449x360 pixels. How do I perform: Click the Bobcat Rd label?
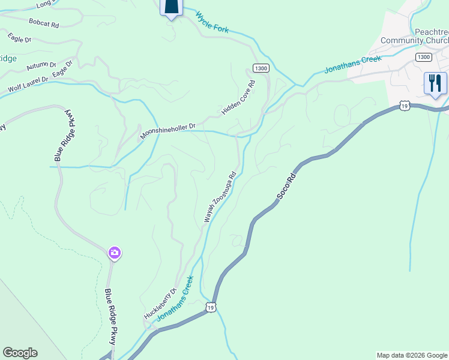44,23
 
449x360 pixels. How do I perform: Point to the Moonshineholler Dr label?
168,132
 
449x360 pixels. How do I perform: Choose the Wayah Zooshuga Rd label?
220,198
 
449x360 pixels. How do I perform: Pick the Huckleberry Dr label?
160,304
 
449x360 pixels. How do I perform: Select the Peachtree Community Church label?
415,36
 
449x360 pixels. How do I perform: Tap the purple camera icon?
115,253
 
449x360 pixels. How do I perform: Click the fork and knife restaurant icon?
435,83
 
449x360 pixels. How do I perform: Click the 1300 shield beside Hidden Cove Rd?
261,68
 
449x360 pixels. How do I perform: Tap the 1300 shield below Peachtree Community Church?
423,57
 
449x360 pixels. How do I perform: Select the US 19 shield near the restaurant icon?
403,106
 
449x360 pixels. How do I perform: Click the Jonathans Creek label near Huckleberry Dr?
175,298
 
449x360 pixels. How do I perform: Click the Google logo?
20,353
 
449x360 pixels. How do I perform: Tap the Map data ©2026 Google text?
412,355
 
